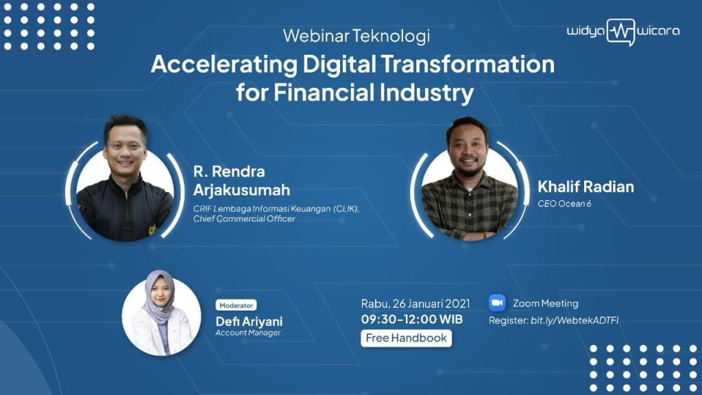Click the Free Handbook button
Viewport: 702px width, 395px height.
click(406, 338)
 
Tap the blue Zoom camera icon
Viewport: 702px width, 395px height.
click(497, 302)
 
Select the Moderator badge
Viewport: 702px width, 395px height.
click(236, 305)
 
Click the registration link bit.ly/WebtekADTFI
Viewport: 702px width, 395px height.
click(574, 320)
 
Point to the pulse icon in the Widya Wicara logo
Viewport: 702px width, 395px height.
click(621, 32)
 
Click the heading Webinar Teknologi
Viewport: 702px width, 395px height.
click(356, 36)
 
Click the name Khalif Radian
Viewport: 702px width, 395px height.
click(585, 187)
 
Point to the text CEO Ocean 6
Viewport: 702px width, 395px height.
click(564, 204)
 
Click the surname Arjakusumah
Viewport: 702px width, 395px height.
click(242, 190)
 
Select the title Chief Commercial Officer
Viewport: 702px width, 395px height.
click(245, 219)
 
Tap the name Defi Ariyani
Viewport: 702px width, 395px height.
click(249, 322)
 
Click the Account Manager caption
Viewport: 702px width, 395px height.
click(248, 333)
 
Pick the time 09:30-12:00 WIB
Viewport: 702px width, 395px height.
click(412, 320)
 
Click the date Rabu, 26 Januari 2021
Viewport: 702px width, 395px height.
click(415, 304)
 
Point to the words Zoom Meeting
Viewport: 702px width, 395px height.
click(545, 303)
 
